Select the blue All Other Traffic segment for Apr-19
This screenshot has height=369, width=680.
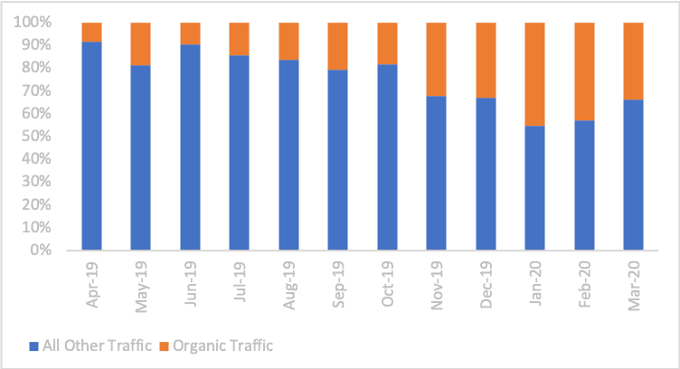tap(91, 145)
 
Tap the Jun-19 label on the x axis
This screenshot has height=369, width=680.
tap(191, 284)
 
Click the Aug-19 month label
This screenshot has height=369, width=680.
tap(289, 284)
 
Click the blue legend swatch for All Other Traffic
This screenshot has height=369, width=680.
tap(34, 346)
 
